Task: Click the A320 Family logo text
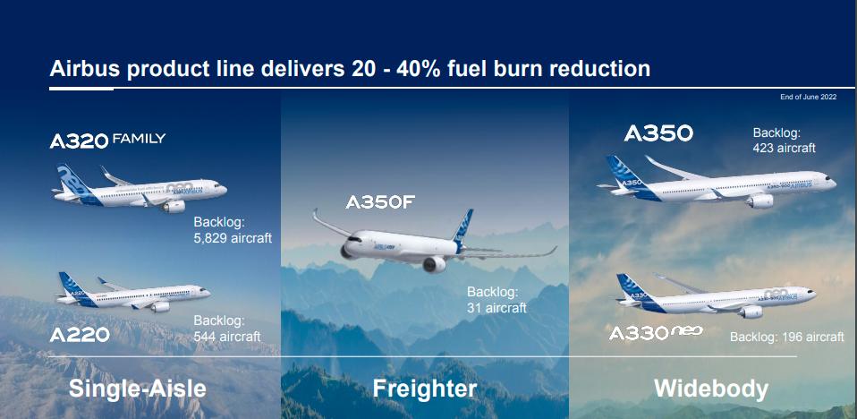(107, 140)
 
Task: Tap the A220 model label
(80, 335)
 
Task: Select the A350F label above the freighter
(380, 202)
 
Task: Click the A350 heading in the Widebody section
(658, 133)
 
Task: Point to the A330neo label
(656, 332)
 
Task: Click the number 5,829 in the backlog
(210, 239)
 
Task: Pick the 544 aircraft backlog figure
(227, 337)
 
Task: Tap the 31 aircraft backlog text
(496, 308)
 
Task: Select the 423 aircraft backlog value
(784, 148)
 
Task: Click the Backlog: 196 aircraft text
(787, 337)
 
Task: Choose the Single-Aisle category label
(137, 389)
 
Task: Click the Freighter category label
(425, 389)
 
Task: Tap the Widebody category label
(711, 389)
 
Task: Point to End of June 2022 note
(808, 98)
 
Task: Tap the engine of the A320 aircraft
(174, 206)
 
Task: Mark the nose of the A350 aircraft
(831, 181)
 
